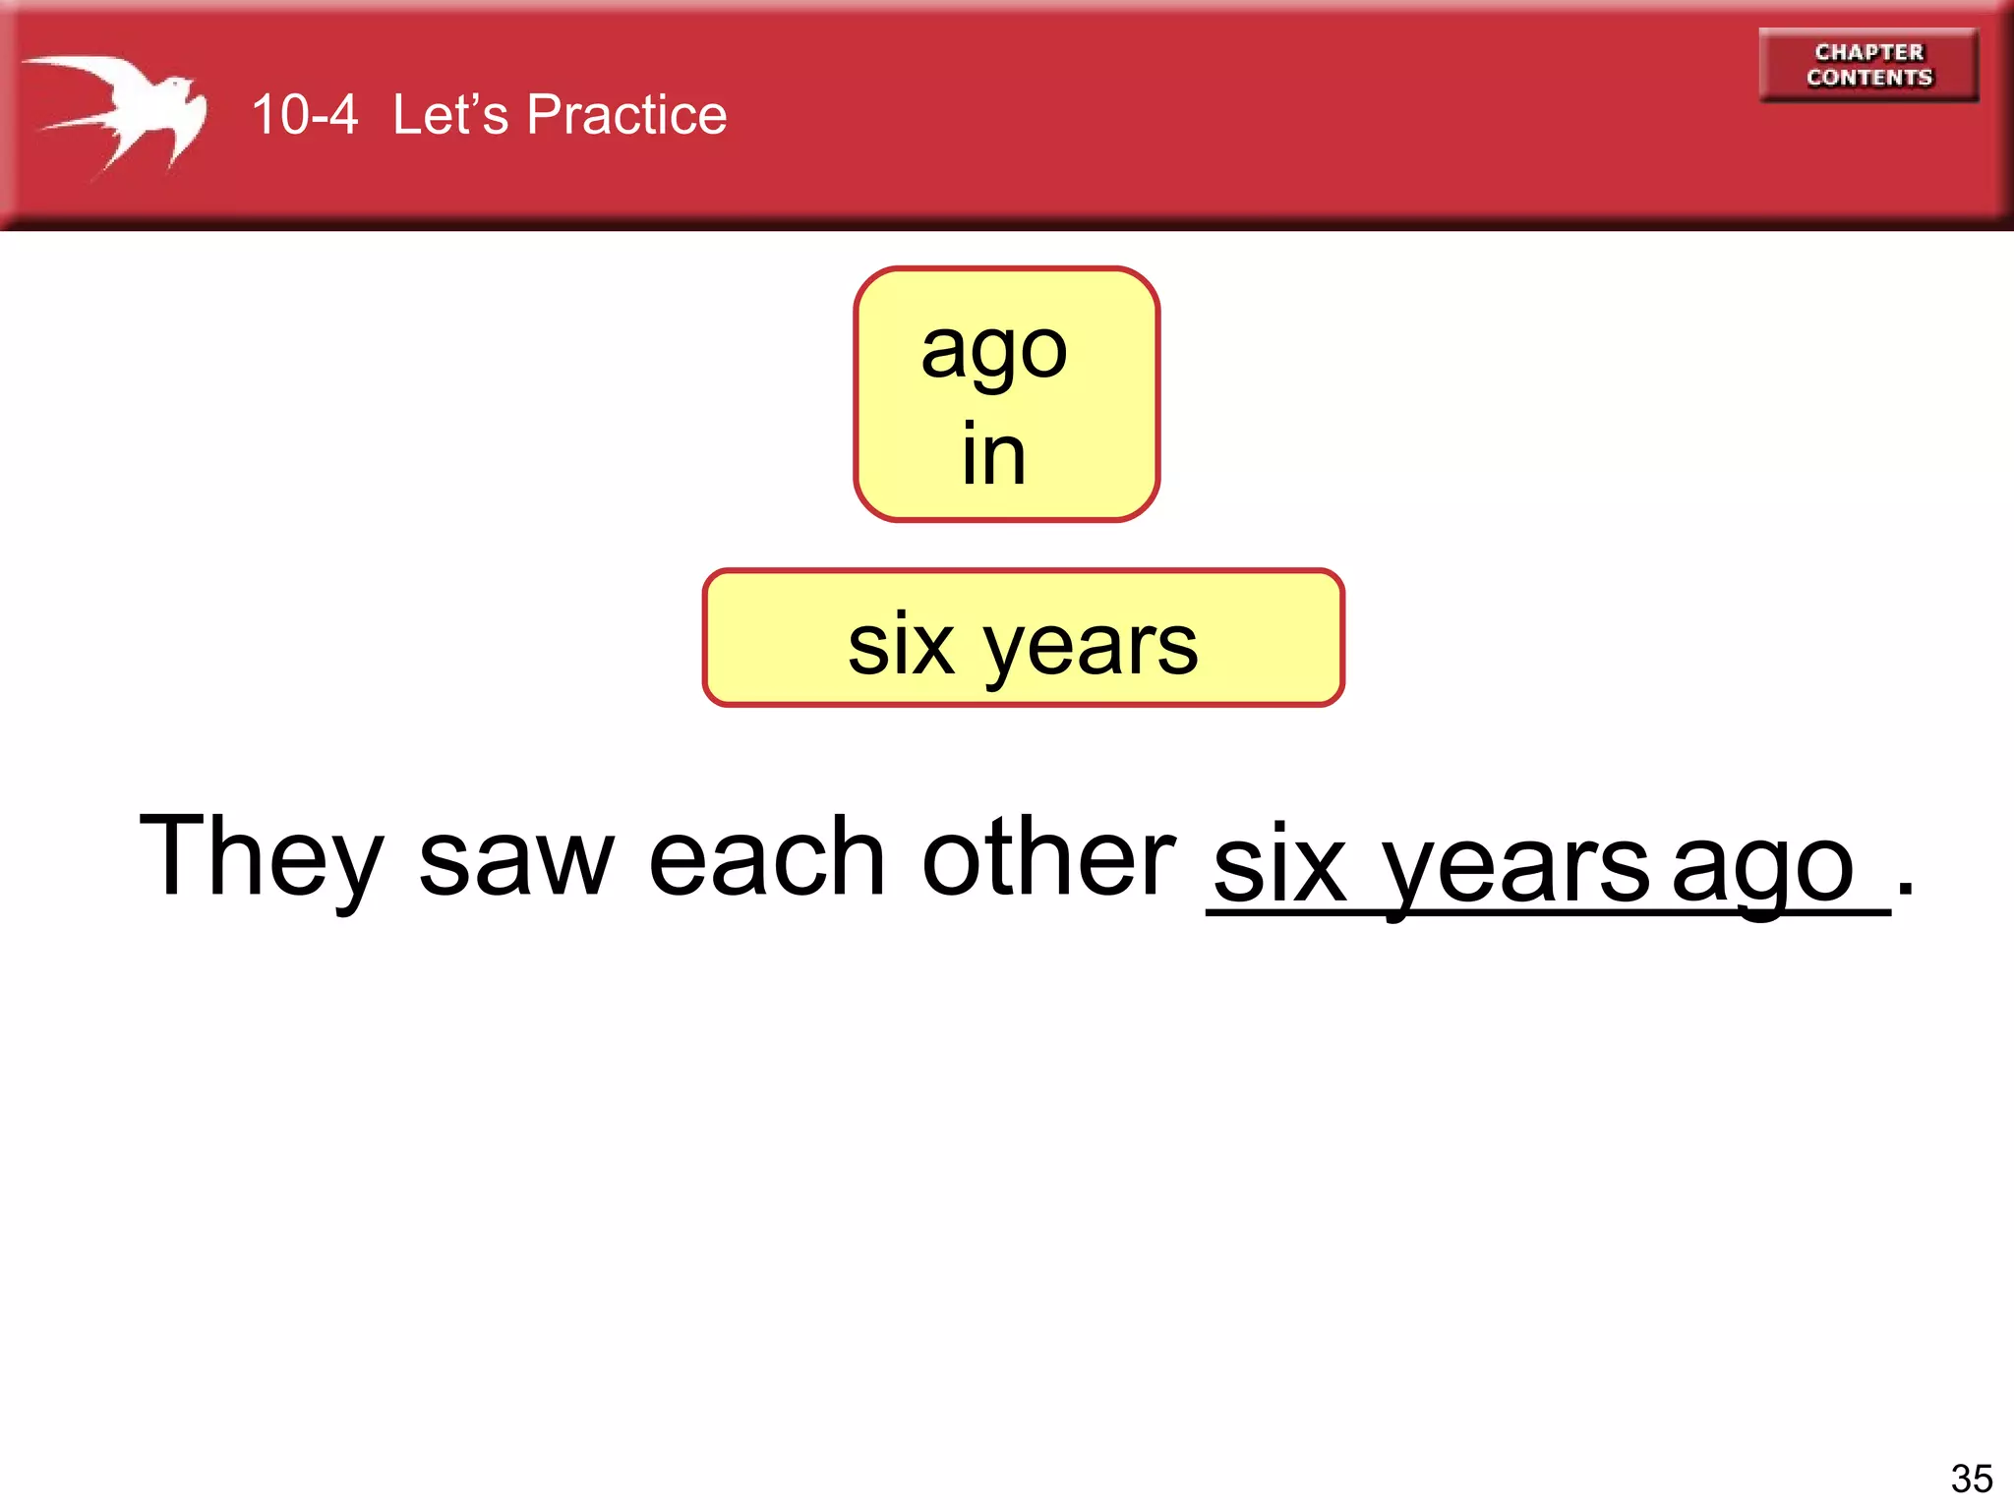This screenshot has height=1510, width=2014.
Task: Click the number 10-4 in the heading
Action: point(304,115)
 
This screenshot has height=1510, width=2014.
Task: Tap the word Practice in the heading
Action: point(626,115)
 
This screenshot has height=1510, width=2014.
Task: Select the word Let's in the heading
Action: point(450,115)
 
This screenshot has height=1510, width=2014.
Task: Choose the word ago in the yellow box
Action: point(993,351)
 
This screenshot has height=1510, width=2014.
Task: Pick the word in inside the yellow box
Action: point(993,453)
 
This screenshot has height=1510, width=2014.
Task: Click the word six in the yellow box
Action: point(901,646)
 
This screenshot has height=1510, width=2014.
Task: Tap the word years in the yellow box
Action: point(1091,648)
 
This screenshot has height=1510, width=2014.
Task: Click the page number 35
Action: point(1971,1478)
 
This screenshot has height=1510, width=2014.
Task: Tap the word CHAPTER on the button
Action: point(1868,52)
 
